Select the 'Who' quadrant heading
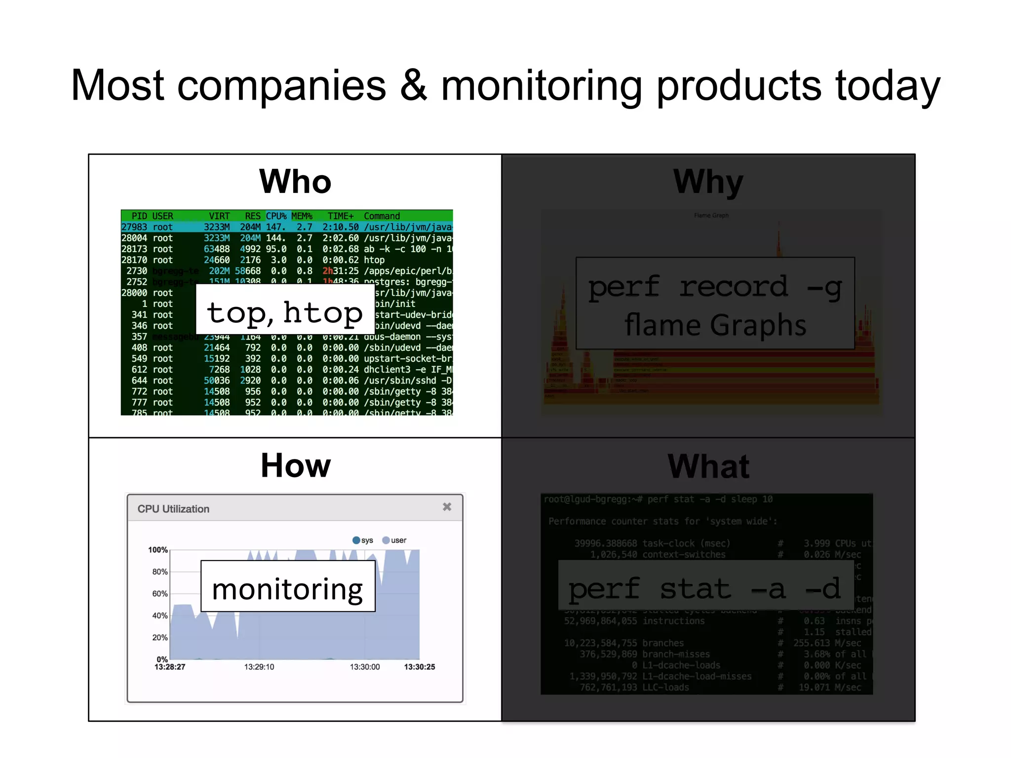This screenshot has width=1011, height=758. [x=295, y=182]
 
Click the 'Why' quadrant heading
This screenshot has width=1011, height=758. [x=708, y=182]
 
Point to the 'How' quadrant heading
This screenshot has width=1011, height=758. [x=295, y=465]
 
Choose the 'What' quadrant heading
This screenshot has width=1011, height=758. [x=708, y=466]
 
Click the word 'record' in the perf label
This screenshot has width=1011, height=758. [x=733, y=286]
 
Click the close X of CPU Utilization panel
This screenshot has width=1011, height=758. [x=447, y=507]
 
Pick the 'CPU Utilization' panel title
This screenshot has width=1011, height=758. [x=173, y=509]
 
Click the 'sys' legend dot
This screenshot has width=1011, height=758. [x=356, y=540]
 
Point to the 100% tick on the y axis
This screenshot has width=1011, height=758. [x=158, y=550]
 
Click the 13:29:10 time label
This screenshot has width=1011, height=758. [x=259, y=667]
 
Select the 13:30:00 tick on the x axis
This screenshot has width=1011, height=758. [x=365, y=667]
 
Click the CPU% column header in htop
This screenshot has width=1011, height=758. [x=276, y=216]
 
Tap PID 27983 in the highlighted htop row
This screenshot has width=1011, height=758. [x=134, y=227]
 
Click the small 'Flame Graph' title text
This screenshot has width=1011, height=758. [x=711, y=215]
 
